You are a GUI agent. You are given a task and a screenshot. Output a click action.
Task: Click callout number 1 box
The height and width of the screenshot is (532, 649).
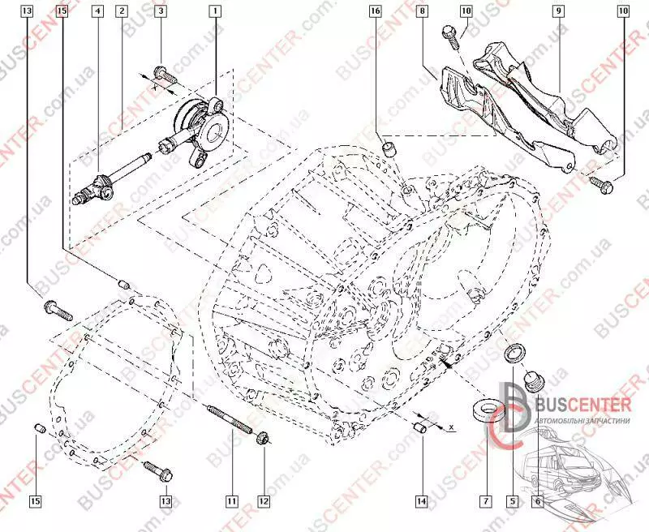[215, 11]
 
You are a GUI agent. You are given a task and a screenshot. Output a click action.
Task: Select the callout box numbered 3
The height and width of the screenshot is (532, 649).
[161, 11]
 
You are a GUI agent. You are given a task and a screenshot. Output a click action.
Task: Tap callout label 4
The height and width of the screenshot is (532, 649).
[97, 11]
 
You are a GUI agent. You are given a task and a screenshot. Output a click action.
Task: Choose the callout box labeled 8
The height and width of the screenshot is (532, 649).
[422, 11]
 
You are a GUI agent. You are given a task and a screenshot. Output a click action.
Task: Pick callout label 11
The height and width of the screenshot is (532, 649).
[232, 501]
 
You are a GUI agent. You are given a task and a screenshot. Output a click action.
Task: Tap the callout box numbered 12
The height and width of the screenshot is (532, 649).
[264, 501]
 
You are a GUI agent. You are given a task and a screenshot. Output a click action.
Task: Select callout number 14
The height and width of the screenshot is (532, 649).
[422, 501]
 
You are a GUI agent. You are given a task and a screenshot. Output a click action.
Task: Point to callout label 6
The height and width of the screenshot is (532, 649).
[536, 501]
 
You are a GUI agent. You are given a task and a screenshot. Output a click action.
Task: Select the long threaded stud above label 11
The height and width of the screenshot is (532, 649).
[232, 421]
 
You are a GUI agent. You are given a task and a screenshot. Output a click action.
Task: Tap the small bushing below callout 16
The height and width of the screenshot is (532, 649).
[389, 148]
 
